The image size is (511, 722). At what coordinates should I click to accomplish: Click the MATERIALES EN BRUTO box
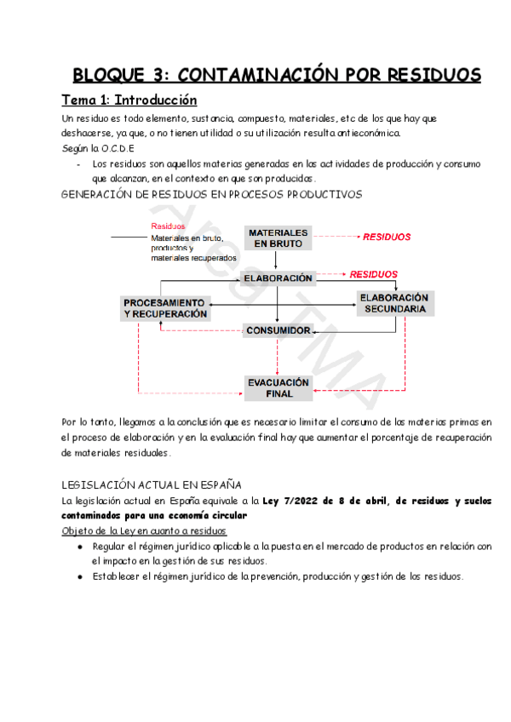pyautogui.click(x=278, y=238)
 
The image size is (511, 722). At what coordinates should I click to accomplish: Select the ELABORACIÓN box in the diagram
pyautogui.click(x=278, y=278)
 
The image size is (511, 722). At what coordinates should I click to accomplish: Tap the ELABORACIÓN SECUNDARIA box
pyautogui.click(x=394, y=303)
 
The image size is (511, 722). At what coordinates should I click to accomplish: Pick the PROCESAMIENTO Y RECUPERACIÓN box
pyautogui.click(x=165, y=308)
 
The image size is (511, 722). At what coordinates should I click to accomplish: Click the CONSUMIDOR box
pyautogui.click(x=278, y=330)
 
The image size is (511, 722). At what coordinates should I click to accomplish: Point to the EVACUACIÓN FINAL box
pyautogui.click(x=278, y=388)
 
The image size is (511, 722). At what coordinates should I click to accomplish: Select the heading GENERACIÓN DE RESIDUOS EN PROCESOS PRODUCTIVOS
pyautogui.click(x=213, y=194)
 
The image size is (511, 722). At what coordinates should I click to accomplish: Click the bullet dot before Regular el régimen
pyautogui.click(x=80, y=547)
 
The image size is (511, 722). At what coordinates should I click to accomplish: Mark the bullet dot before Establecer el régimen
pyautogui.click(x=80, y=577)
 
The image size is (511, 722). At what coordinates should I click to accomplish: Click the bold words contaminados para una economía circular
pyautogui.click(x=154, y=515)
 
